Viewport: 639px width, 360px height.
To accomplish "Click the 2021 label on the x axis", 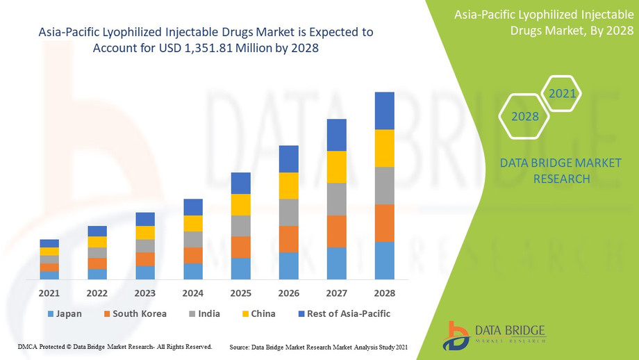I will (49, 293).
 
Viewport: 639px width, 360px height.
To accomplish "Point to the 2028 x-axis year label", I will (384, 293).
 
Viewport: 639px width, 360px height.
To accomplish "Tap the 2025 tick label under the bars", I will (240, 293).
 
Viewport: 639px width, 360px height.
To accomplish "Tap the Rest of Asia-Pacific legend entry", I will (344, 313).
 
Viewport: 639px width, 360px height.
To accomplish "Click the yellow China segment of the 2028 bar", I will (384, 148).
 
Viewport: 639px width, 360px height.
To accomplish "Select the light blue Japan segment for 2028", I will (384, 260).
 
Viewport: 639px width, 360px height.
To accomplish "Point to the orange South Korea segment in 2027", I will (336, 231).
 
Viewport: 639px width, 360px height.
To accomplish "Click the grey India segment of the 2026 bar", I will (288, 212).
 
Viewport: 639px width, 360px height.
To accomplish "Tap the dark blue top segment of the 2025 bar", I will (240, 183).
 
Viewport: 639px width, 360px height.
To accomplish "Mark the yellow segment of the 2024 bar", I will (193, 223).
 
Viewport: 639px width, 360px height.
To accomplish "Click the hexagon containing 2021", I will (561, 93).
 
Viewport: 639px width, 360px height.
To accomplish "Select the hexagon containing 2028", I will (525, 116).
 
